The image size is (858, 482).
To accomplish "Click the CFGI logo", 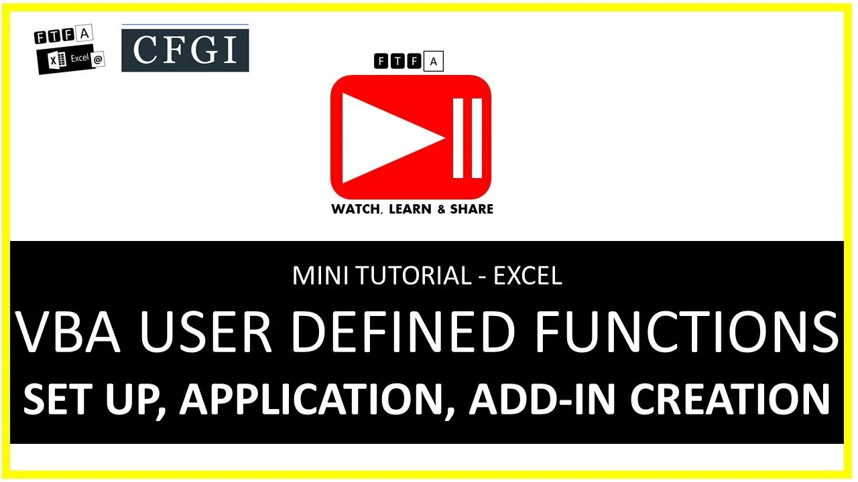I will point(185,48).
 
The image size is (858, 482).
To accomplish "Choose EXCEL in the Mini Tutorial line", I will point(528,276).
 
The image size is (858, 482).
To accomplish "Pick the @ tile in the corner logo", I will point(98,59).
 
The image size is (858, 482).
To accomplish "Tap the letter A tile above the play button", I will point(434,62).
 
